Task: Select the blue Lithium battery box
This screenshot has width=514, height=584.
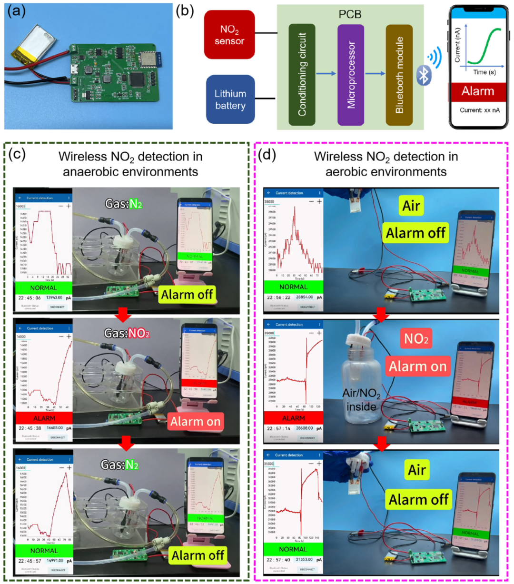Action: tap(230, 99)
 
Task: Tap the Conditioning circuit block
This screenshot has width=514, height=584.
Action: tap(302, 75)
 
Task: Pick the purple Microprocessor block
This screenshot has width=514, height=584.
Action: tap(351, 75)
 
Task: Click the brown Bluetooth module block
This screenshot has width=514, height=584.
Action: tap(399, 75)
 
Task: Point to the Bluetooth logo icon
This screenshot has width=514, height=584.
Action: tap(423, 75)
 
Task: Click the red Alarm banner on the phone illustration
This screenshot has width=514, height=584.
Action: tap(477, 91)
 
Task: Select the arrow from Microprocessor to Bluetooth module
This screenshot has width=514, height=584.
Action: tap(375, 74)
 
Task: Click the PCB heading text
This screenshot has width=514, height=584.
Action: tap(350, 14)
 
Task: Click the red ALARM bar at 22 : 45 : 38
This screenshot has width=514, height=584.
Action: tap(44, 418)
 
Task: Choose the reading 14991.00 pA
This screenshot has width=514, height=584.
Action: tap(55, 561)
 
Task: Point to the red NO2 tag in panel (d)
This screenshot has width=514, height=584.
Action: tap(416, 338)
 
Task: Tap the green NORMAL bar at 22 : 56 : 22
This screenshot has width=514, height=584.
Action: tap(293, 287)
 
